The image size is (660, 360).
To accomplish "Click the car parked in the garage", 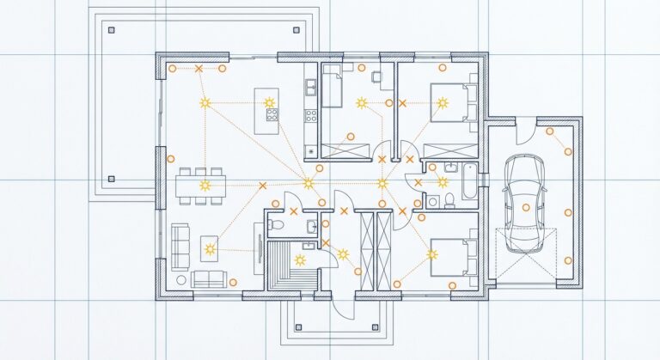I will [524, 203].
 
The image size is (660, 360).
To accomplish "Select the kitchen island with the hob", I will [266, 105].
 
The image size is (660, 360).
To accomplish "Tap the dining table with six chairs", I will [202, 185].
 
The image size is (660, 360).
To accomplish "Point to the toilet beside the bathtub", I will [450, 201].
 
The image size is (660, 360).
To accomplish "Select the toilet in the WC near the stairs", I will [274, 224].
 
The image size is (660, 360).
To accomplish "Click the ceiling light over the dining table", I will [205, 185].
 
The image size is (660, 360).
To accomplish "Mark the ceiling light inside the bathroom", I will [443, 181].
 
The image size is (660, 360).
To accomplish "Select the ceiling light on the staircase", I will [299, 259].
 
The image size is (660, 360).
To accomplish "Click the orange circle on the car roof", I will [526, 207].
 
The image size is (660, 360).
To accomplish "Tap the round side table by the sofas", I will [180, 279].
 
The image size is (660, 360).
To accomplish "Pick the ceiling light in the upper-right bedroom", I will [443, 103].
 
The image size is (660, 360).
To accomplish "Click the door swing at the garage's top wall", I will [526, 131].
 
